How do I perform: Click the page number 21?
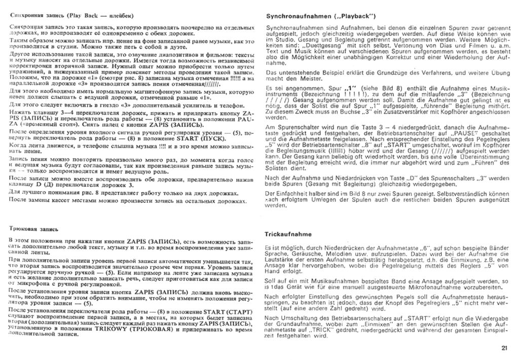[x=504, y=347]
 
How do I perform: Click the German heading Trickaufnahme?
[x=287, y=234]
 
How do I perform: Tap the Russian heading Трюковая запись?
[x=33, y=229]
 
